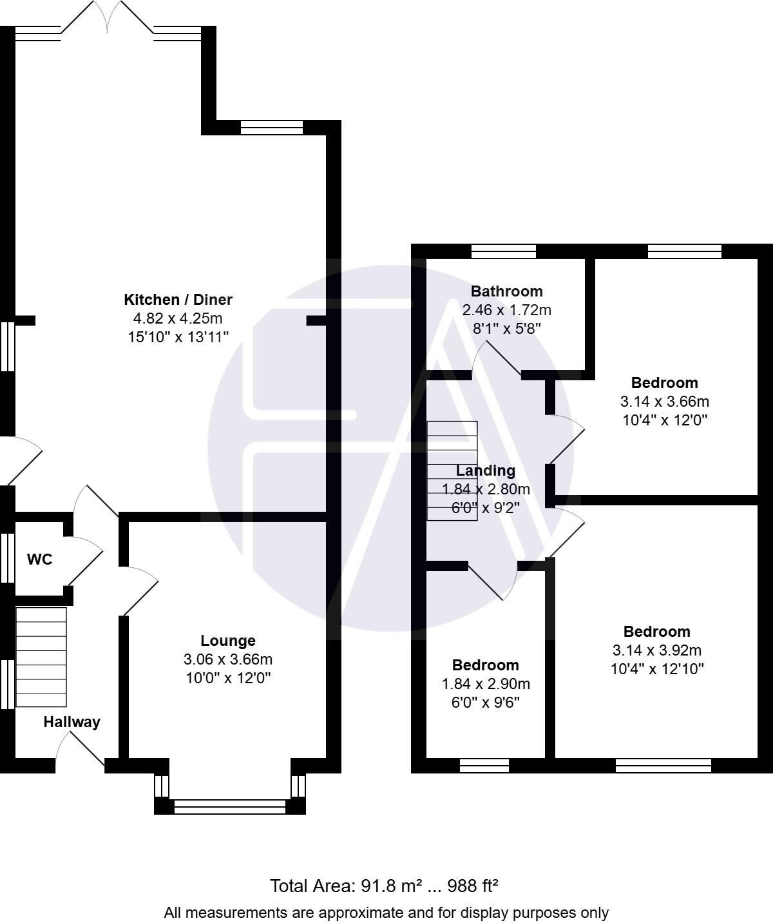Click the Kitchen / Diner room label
click(x=178, y=300)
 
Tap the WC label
click(x=39, y=559)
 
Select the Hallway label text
click(x=72, y=722)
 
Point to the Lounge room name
click(x=228, y=641)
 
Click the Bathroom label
click(x=506, y=291)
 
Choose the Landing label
click(x=486, y=471)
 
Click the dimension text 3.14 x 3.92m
click(x=657, y=650)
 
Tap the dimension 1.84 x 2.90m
click(x=486, y=683)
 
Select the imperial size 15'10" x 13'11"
click(x=178, y=336)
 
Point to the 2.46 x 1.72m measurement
click(x=506, y=310)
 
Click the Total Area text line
click(x=385, y=886)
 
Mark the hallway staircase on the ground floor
click(x=41, y=657)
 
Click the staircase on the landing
click(x=452, y=471)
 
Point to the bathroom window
click(x=503, y=251)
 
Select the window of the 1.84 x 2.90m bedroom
click(x=484, y=765)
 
